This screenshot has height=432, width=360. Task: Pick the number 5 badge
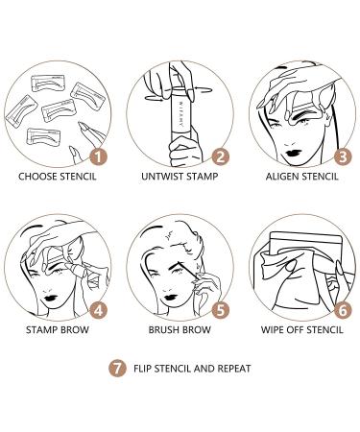(220, 311)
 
